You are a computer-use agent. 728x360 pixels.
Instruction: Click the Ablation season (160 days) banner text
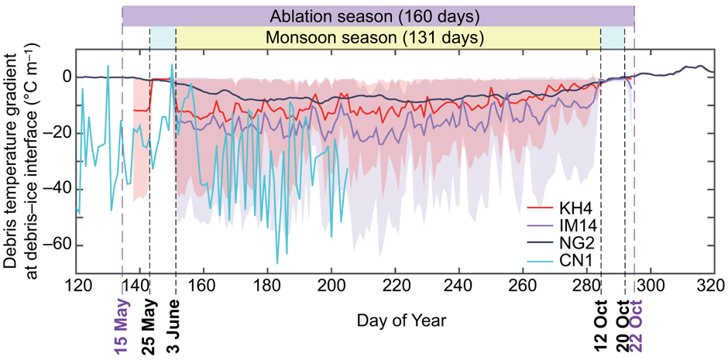pyautogui.click(x=378, y=15)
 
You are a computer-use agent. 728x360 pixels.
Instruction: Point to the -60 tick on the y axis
pyautogui.click(x=59, y=245)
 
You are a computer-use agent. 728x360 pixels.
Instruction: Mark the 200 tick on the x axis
pyautogui.click(x=331, y=286)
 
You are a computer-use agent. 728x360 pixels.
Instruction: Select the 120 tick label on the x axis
pyautogui.click(x=77, y=286)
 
